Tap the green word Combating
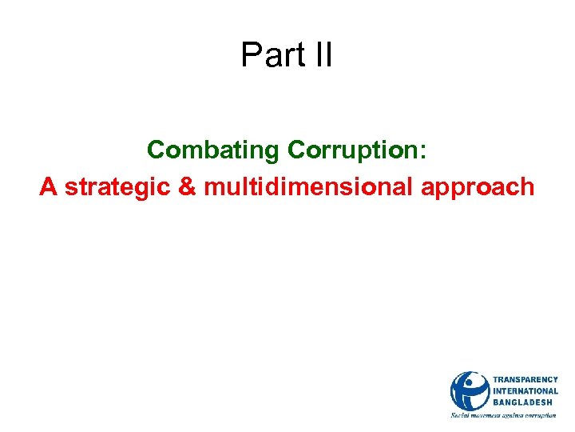click(x=213, y=150)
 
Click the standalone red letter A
click(x=49, y=187)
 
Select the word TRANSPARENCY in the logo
click(x=525, y=379)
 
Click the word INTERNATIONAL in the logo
click(x=525, y=390)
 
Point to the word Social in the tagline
click(x=462, y=415)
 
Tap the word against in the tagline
click(x=517, y=416)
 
